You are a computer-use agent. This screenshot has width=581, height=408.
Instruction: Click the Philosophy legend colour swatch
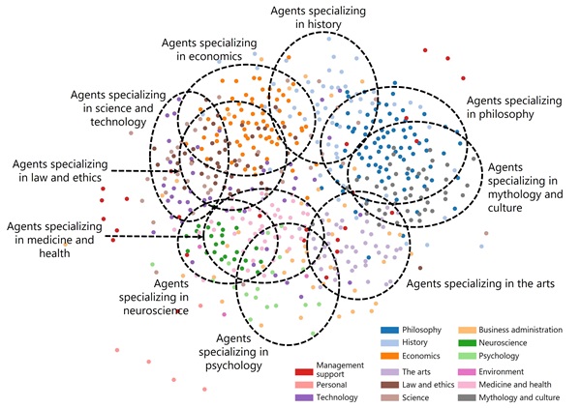point(390,331)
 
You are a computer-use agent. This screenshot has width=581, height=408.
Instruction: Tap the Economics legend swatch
point(390,355)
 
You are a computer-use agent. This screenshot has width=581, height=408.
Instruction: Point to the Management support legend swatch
point(303,370)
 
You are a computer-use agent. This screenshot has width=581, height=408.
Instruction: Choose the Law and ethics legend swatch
point(390,384)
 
